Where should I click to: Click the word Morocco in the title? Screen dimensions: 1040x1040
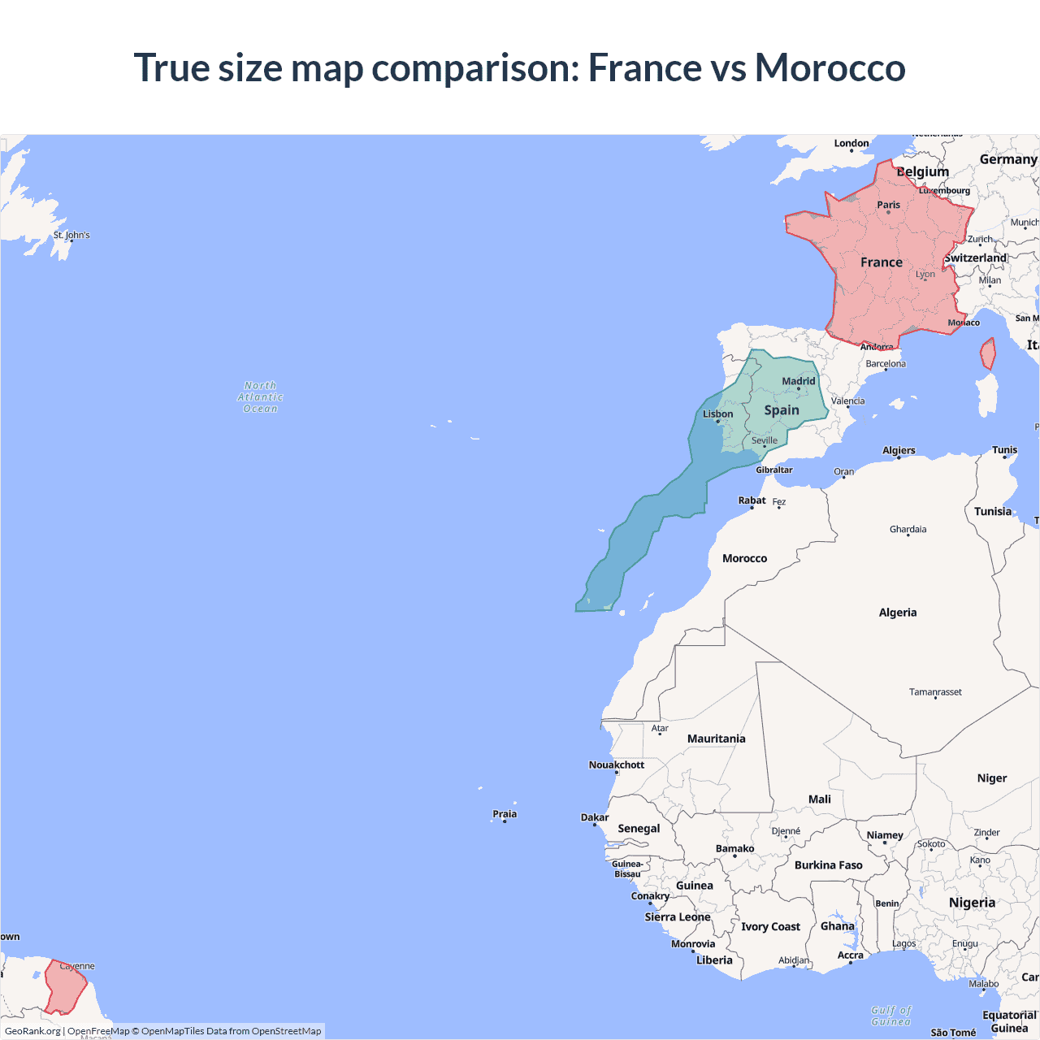(x=830, y=67)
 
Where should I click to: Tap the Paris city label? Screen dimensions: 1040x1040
(x=888, y=205)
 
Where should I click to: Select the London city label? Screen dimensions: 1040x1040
(x=851, y=143)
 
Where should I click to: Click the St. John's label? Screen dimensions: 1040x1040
(x=71, y=235)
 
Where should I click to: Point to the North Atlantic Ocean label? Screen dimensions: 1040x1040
(x=260, y=397)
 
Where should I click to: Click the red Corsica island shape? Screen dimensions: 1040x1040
(x=988, y=354)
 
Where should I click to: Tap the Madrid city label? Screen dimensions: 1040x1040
(x=798, y=381)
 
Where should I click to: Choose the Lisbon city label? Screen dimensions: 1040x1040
(x=717, y=414)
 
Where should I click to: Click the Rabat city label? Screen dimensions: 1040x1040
(x=752, y=500)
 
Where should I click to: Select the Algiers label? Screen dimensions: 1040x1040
(x=899, y=450)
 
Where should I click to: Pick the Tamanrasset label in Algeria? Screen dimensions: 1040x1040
(x=935, y=692)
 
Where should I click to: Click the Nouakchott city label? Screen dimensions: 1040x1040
(x=616, y=765)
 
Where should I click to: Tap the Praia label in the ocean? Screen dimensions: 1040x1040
(x=505, y=814)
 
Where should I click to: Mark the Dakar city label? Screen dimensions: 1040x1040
(x=594, y=817)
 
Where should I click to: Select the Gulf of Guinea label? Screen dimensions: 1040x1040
(x=891, y=1016)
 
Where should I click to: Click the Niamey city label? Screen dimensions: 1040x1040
(x=885, y=835)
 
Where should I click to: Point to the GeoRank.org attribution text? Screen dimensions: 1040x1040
(x=32, y=1031)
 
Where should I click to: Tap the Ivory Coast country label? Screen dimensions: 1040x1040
(x=770, y=927)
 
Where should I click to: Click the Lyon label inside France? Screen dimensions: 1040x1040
(x=925, y=274)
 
